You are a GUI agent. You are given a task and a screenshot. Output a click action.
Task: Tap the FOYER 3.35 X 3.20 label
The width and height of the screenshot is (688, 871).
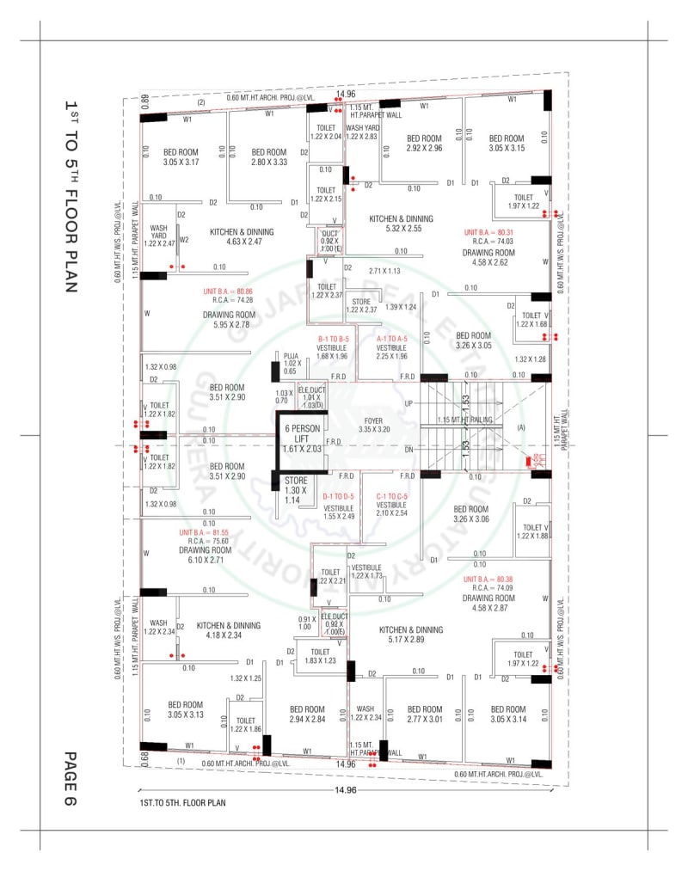374,423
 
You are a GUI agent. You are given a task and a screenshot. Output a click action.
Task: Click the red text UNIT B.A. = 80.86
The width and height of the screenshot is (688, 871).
228,291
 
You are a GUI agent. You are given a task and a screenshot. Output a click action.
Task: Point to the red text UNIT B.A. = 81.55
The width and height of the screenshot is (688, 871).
204,533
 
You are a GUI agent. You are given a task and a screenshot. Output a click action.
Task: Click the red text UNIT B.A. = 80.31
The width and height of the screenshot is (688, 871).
488,233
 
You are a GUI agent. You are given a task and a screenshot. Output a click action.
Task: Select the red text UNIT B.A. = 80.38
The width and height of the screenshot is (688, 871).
488,580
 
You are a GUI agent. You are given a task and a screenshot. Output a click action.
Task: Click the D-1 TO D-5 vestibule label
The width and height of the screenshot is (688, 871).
338,497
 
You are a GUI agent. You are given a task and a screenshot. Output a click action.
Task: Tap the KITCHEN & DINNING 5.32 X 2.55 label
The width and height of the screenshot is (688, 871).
401,224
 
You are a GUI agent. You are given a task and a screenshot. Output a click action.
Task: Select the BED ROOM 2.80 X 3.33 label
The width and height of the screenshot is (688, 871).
269,156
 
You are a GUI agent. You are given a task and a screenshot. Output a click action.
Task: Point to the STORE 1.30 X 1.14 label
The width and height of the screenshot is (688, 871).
296,488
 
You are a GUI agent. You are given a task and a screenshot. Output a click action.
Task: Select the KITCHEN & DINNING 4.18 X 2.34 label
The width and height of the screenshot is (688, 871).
228,630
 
